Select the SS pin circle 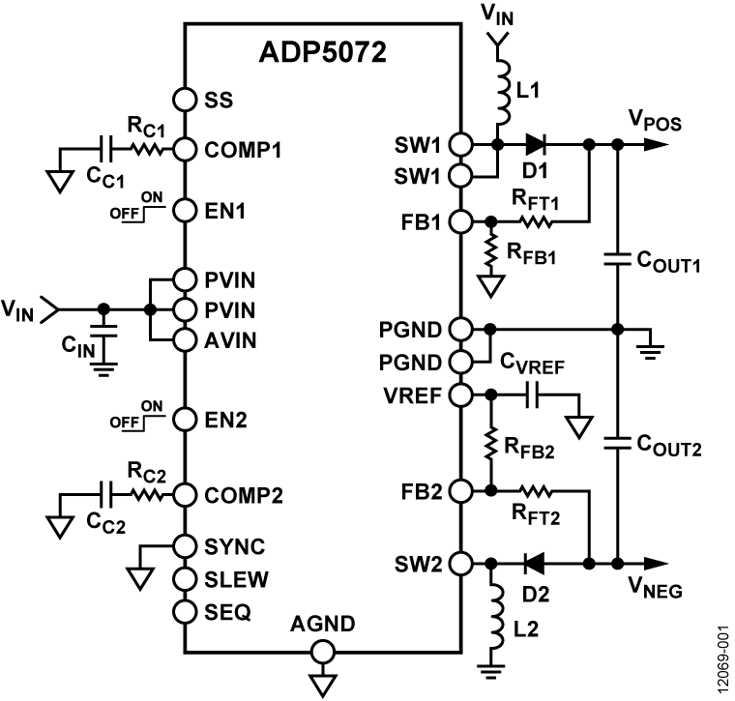(x=185, y=99)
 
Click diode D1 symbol (x=535, y=145)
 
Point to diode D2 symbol (x=530, y=562)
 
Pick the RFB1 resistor (x=491, y=251)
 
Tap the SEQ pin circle (x=185, y=611)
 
